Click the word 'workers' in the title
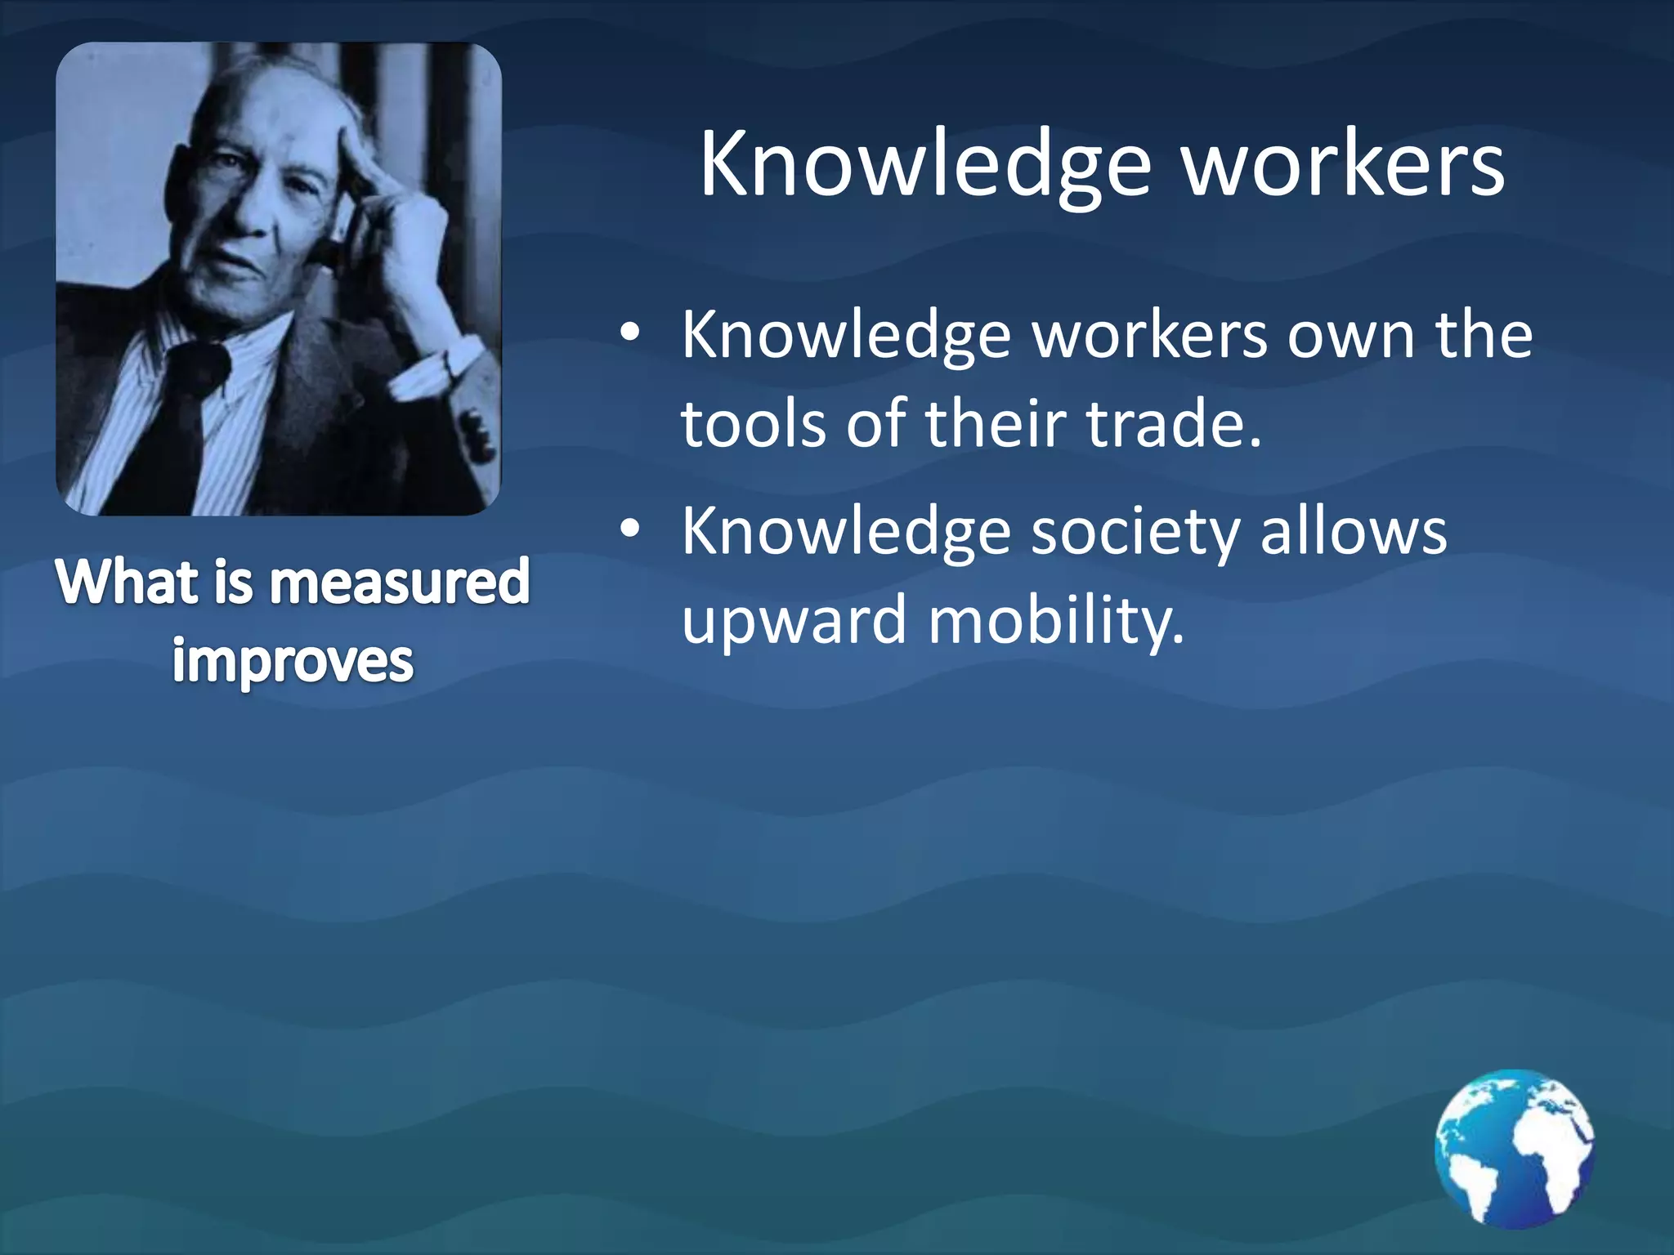(x=1344, y=166)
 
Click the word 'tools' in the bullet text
(x=753, y=425)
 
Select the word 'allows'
(x=1353, y=531)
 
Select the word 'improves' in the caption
(x=293, y=662)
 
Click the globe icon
(x=1514, y=1148)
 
